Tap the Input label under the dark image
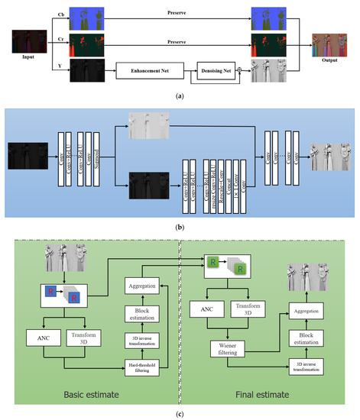pos(29,57)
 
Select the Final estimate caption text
pos(270,396)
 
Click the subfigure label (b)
pos(180,229)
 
